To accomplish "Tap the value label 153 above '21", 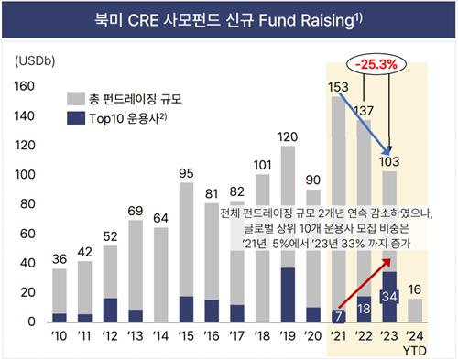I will coord(339,87).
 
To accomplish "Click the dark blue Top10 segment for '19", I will coord(288,294).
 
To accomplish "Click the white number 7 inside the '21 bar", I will coord(339,316).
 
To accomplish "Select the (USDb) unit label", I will coord(34,60).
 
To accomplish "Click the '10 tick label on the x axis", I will coord(60,335).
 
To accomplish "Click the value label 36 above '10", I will coord(60,259).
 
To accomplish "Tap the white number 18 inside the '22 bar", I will coord(364,309).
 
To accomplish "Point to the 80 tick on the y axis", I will coord(27,204).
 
